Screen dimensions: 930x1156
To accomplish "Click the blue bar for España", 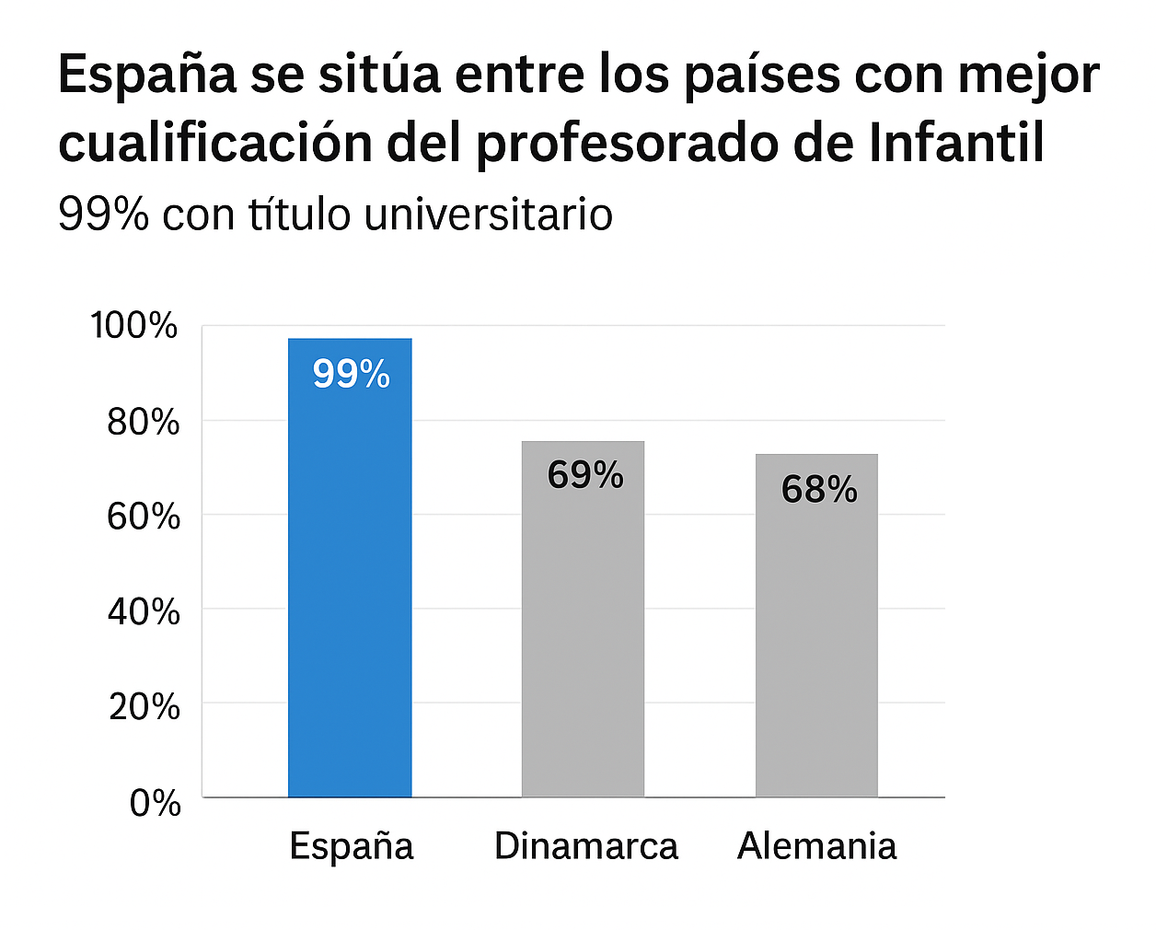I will [x=350, y=589].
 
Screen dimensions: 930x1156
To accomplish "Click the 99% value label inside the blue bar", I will [x=351, y=374].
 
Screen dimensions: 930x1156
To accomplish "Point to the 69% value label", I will [x=584, y=475].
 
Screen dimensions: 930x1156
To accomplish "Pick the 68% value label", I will [x=819, y=489].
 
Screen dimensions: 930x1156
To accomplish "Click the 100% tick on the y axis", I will [x=134, y=325].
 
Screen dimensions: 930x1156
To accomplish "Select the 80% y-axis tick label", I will [x=143, y=422].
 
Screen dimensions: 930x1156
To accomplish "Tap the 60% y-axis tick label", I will [x=143, y=517].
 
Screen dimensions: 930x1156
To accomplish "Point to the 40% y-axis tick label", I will [x=143, y=611].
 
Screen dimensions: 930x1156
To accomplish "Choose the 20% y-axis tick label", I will [x=144, y=706].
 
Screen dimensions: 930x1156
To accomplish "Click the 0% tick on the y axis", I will [x=155, y=803].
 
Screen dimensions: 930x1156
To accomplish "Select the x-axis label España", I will [x=351, y=845].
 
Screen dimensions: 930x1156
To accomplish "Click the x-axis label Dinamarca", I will [x=585, y=845].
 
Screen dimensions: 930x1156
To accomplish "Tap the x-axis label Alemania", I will [x=816, y=845].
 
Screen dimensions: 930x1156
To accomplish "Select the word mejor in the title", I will [x=1028, y=76].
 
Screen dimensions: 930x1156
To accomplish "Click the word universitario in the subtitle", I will [x=489, y=215].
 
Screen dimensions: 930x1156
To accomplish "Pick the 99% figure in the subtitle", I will [x=103, y=215].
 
